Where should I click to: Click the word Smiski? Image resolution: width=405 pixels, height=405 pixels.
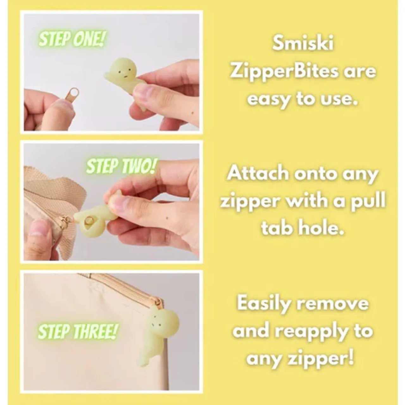click(303, 44)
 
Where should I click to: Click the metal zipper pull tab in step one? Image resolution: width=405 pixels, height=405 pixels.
click(73, 94)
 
